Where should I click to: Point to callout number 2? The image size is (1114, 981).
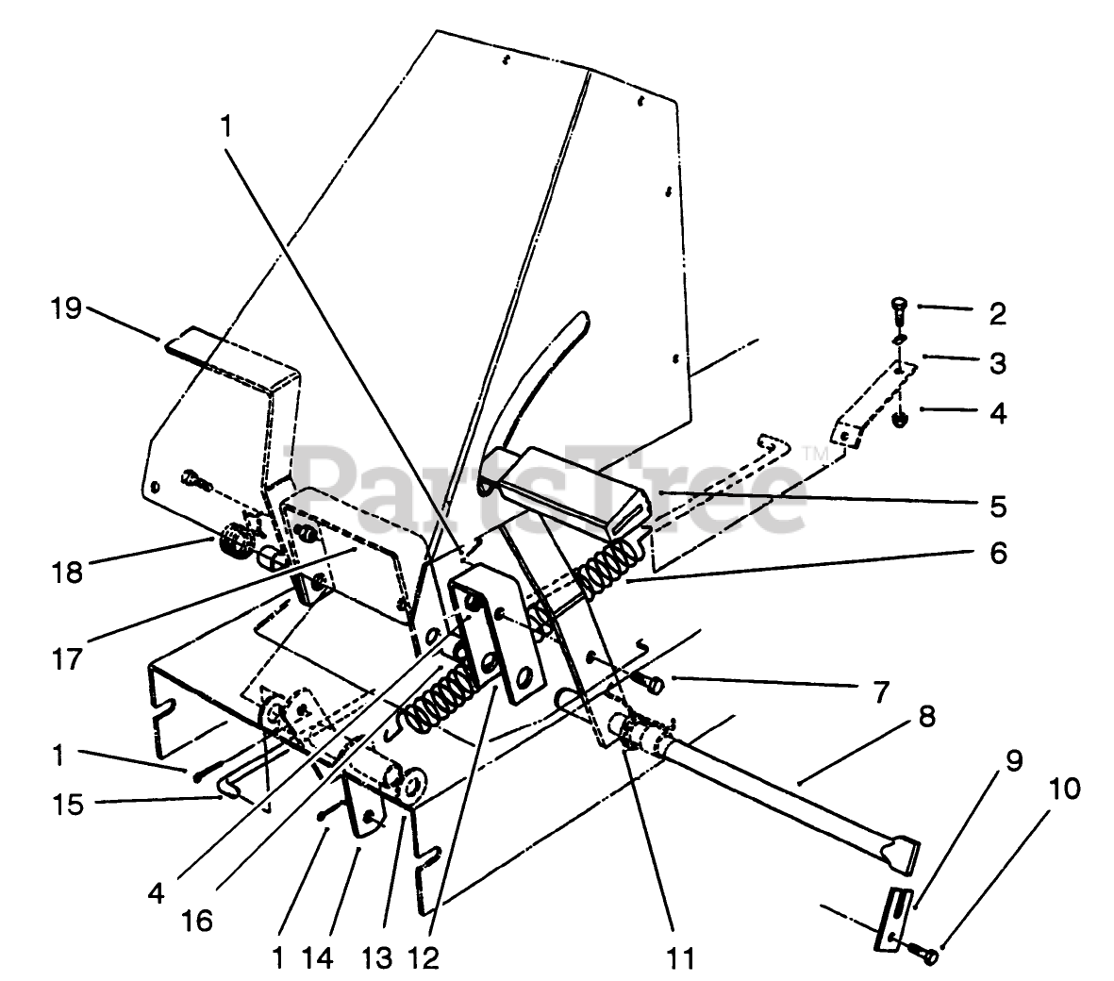[x=997, y=313]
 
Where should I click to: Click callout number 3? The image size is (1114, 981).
[x=997, y=363]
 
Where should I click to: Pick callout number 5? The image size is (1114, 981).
[x=998, y=507]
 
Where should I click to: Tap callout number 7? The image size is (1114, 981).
[x=880, y=693]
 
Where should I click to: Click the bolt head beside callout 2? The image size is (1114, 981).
[x=897, y=306]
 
